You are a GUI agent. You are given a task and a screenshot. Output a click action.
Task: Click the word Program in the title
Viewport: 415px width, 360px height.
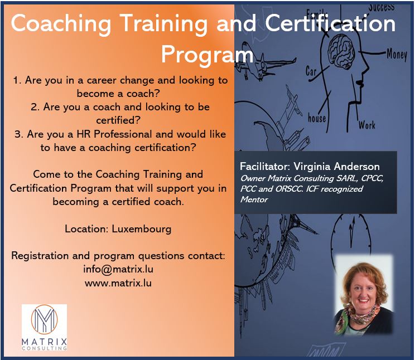click(x=207, y=55)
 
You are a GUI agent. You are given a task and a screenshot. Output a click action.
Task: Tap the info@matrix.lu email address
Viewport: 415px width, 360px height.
click(x=118, y=269)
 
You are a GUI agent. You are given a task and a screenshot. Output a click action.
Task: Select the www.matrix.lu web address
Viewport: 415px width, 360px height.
click(x=118, y=283)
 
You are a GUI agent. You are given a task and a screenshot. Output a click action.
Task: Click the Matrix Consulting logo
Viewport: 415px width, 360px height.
click(x=44, y=328)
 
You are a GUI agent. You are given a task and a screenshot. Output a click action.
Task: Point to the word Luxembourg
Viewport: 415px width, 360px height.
click(x=142, y=229)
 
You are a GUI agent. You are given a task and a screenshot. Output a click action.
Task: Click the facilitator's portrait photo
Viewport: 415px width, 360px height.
click(x=364, y=295)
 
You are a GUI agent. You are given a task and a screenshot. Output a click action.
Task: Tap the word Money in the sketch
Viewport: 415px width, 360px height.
click(x=397, y=55)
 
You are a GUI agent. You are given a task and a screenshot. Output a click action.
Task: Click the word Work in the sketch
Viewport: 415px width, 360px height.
click(x=367, y=125)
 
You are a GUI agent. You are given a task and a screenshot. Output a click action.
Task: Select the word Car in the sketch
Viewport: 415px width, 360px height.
click(x=311, y=71)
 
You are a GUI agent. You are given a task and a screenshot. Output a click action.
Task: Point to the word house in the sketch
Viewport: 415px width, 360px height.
click(x=317, y=118)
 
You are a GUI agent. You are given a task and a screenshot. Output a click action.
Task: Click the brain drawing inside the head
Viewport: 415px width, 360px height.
click(x=342, y=50)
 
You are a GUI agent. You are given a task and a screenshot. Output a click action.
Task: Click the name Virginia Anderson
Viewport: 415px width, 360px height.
click(x=337, y=167)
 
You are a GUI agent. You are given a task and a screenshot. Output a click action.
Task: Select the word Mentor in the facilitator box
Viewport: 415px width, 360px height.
click(x=254, y=199)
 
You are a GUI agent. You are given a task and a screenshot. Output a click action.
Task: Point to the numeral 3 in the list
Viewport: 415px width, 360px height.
click(x=18, y=134)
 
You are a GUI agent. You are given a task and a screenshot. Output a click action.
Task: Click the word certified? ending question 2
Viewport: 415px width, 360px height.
click(x=118, y=120)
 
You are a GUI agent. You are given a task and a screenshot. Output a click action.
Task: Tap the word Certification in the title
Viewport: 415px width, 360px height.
click(x=330, y=23)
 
